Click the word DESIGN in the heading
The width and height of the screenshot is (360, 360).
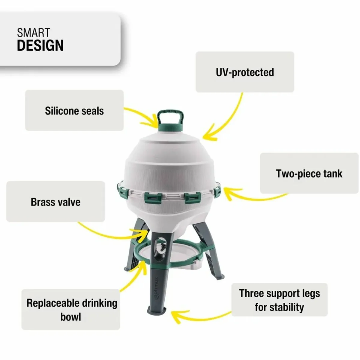[x=40, y=45]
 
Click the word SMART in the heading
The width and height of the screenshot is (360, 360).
[x=33, y=32]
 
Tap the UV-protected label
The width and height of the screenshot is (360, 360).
[x=245, y=72]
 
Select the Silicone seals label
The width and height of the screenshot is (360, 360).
[x=74, y=111]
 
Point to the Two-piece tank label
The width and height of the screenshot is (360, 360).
[x=309, y=173]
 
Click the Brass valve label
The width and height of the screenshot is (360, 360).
[x=55, y=202]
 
